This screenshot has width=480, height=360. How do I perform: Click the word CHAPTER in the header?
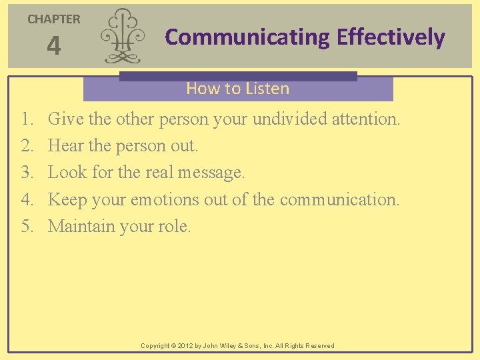click(x=53, y=19)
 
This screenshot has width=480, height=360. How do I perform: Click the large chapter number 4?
click(x=53, y=47)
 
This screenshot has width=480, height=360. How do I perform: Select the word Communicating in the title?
click(x=247, y=37)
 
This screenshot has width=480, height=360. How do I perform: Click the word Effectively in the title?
click(x=391, y=37)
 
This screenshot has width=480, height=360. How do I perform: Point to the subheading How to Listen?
click(x=237, y=88)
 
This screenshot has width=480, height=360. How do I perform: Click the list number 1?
click(x=26, y=119)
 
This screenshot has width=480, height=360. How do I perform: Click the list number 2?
click(x=26, y=146)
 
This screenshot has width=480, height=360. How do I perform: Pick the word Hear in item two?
click(x=64, y=146)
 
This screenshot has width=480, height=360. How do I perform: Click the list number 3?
click(x=26, y=173)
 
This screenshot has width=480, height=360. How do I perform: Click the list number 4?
click(x=26, y=199)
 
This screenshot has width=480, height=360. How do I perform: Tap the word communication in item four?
click(x=339, y=199)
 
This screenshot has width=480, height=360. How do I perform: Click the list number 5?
click(x=26, y=226)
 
